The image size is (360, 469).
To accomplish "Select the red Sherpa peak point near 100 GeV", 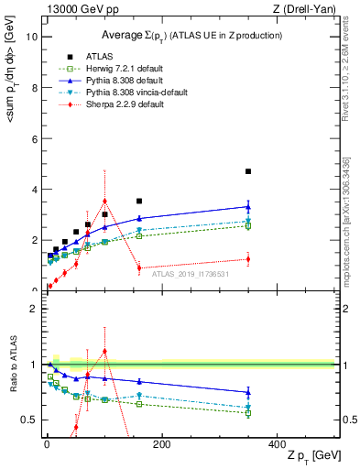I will point(105,201).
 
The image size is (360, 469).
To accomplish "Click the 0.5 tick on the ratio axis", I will point(28,420).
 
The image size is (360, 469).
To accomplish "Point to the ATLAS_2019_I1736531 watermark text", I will point(191,274).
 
